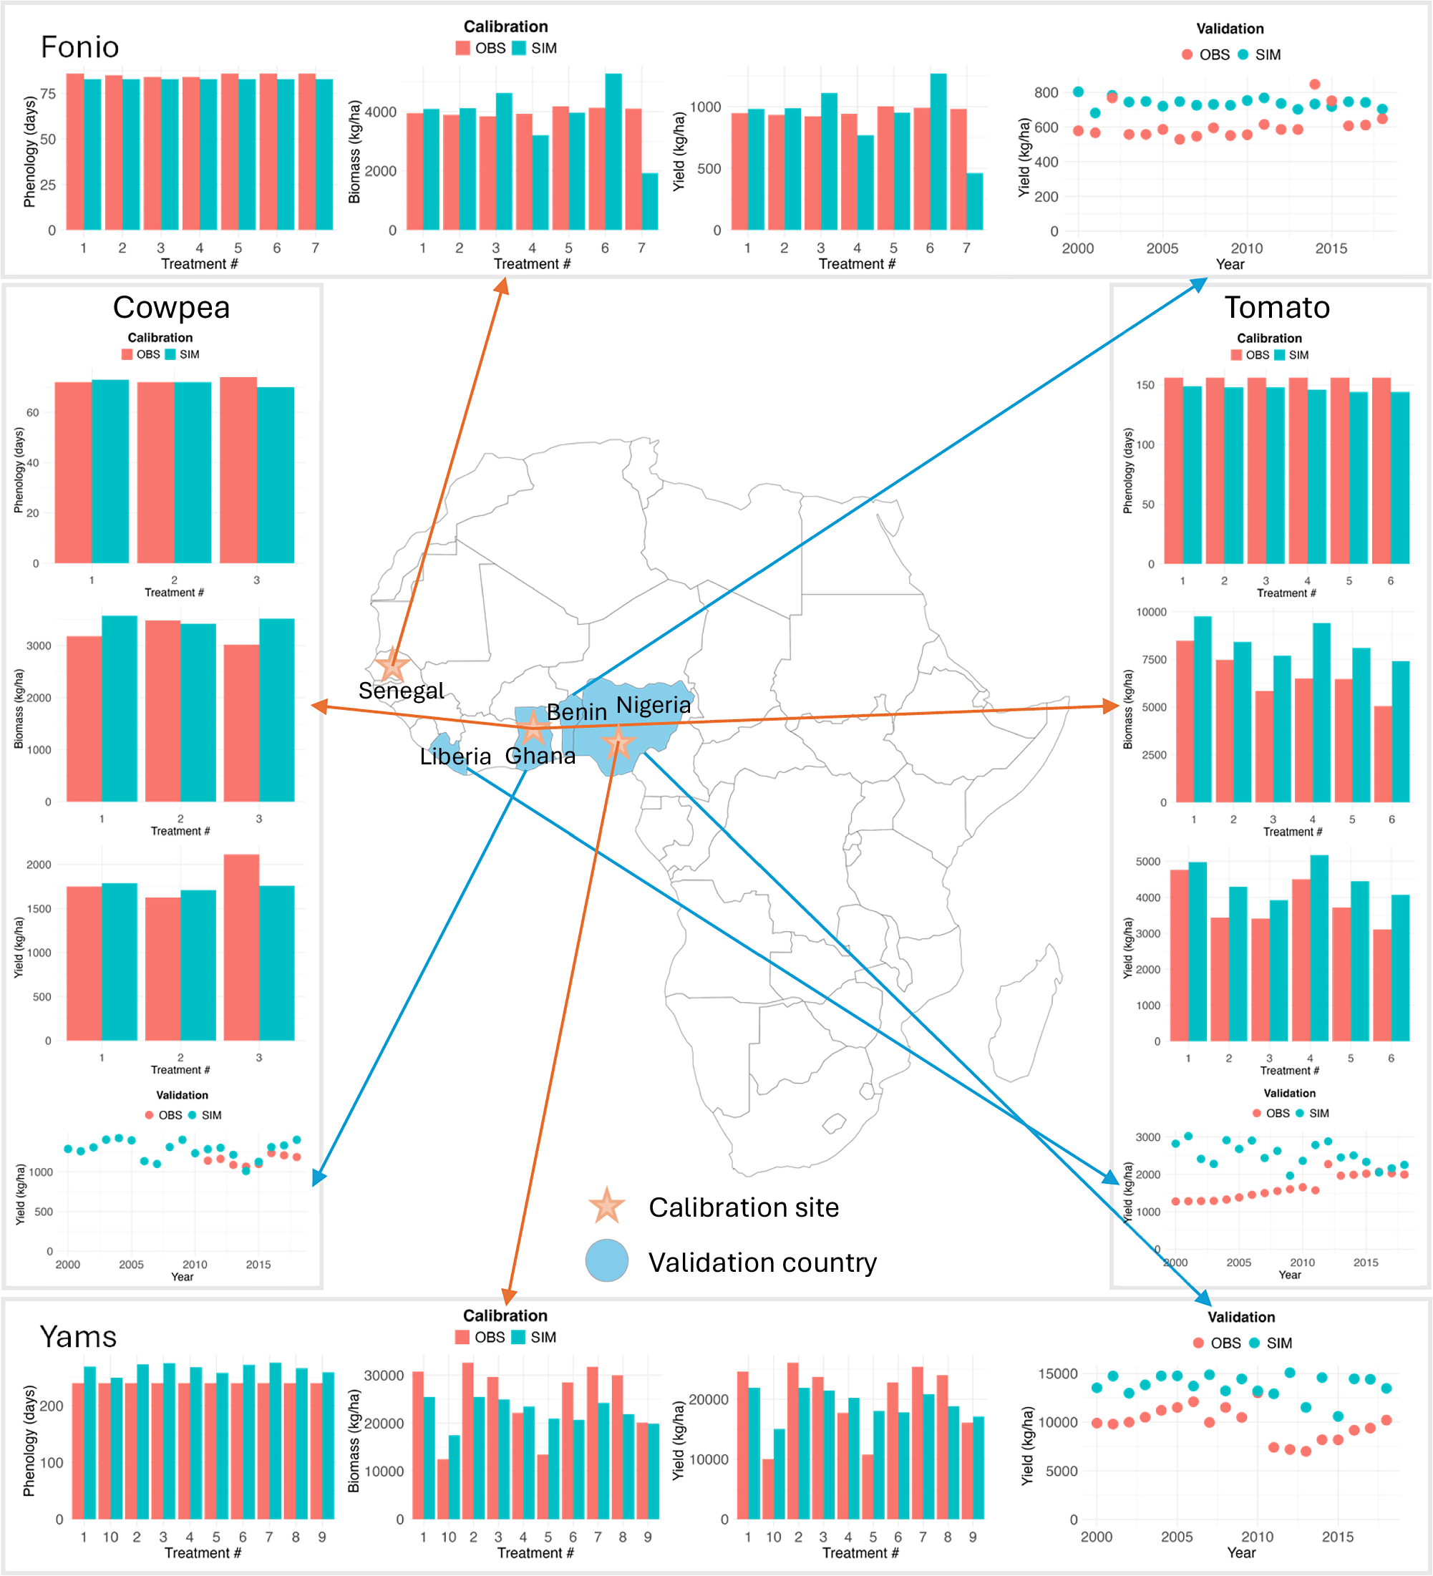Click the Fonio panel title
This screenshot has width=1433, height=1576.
pyautogui.click(x=79, y=47)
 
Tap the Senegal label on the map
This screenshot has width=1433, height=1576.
pyautogui.click(x=401, y=690)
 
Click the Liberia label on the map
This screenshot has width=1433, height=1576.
pyautogui.click(x=455, y=756)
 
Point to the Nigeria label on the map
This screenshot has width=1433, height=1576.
pyautogui.click(x=654, y=705)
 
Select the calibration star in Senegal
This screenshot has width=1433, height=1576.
pyautogui.click(x=392, y=666)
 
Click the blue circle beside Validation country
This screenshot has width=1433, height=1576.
pyautogui.click(x=607, y=1260)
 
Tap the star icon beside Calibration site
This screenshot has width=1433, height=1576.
pyautogui.click(x=607, y=1206)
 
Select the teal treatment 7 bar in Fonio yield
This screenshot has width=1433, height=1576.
pyautogui.click(x=974, y=202)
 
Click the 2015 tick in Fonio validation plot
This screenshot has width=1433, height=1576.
pyautogui.click(x=1331, y=248)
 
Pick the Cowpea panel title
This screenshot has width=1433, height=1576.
pyautogui.click(x=171, y=307)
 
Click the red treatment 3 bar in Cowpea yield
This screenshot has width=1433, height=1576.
pyautogui.click(x=241, y=947)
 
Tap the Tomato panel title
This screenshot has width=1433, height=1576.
pyautogui.click(x=1277, y=307)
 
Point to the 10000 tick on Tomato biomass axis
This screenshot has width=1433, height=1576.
pyautogui.click(x=1151, y=612)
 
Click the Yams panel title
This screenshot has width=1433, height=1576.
pyautogui.click(x=78, y=1337)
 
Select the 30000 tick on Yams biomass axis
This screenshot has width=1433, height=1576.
pyautogui.click(x=384, y=1375)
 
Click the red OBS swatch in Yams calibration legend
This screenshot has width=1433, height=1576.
pyautogui.click(x=462, y=1338)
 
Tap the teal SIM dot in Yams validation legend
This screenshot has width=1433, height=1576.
pyautogui.click(x=1255, y=1343)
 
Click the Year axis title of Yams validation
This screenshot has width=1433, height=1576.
pyautogui.click(x=1240, y=1552)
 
